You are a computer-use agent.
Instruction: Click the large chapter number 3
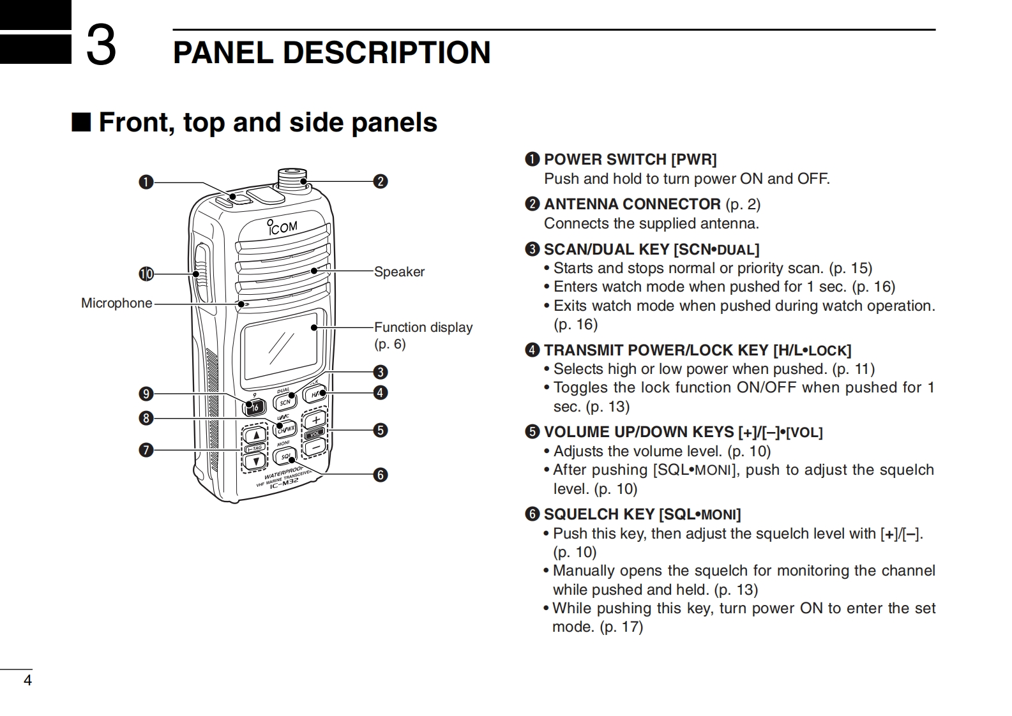[x=101, y=45]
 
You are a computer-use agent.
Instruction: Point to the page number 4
[x=27, y=680]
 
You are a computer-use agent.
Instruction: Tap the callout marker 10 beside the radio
[x=146, y=274]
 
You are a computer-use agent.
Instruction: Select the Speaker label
[x=399, y=272]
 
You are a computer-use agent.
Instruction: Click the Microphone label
[x=116, y=303]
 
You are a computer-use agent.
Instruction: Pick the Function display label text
[x=423, y=327]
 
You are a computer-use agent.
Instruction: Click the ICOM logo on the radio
[x=283, y=227]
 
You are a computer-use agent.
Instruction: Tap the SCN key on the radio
[x=285, y=402]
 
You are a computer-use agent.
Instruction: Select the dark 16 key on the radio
[x=255, y=406]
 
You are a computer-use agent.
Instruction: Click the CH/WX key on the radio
[x=286, y=429]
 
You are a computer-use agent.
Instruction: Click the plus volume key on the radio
[x=315, y=420]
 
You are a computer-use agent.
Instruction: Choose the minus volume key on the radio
[x=315, y=447]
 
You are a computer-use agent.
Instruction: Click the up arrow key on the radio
[x=256, y=436]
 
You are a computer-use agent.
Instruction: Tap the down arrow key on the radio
[x=256, y=461]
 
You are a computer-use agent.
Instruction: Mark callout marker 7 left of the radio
[x=146, y=450]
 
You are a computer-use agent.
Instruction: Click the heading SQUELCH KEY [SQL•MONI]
[x=642, y=514]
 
